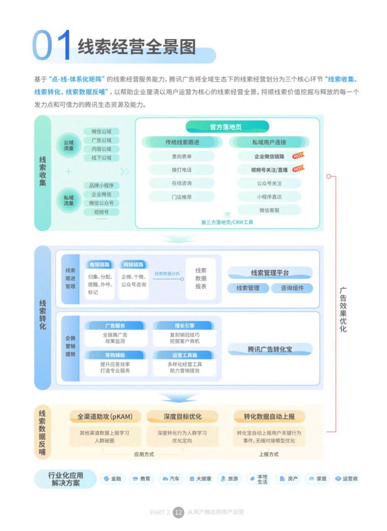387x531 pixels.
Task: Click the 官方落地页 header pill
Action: [x=227, y=127]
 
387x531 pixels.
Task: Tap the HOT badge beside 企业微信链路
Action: [x=298, y=156]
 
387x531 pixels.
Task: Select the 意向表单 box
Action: [x=181, y=156]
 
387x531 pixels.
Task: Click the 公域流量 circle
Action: [x=69, y=145]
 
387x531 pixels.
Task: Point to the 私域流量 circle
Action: [x=69, y=200]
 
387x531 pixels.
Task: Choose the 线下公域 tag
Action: [x=101, y=158]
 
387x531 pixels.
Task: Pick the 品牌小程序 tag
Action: [x=101, y=185]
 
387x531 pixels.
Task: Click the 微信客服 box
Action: [x=269, y=210]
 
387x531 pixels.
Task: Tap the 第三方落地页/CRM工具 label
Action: [x=227, y=222]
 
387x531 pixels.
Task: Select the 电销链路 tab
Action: [x=99, y=265]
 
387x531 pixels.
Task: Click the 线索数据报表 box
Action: [x=201, y=278]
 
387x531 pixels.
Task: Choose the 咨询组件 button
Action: [x=292, y=288]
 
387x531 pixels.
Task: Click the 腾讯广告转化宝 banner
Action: [x=270, y=349]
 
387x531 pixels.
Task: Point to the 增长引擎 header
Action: [x=184, y=326]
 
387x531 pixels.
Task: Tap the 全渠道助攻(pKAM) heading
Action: [x=105, y=417]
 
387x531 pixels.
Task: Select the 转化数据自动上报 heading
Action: [x=269, y=417]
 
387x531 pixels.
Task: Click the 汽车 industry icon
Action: [x=165, y=479]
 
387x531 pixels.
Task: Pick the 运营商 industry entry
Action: [x=346, y=479]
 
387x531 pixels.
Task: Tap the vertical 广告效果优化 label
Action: [x=343, y=310]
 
